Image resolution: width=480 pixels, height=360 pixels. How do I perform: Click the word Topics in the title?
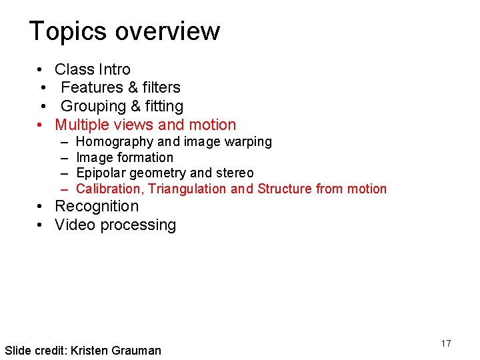(x=68, y=31)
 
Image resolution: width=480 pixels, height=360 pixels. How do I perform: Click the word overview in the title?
(x=167, y=31)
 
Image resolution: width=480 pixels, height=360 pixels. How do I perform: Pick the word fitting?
(x=163, y=106)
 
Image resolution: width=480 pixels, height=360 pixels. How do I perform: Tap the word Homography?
(x=115, y=142)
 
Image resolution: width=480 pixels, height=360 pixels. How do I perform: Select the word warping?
(x=247, y=141)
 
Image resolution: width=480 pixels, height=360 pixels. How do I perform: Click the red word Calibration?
(x=109, y=189)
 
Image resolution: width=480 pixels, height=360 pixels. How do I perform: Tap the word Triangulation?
(x=187, y=189)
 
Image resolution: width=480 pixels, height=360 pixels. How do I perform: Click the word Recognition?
(x=97, y=207)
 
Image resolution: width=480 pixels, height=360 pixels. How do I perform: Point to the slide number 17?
(x=446, y=343)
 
